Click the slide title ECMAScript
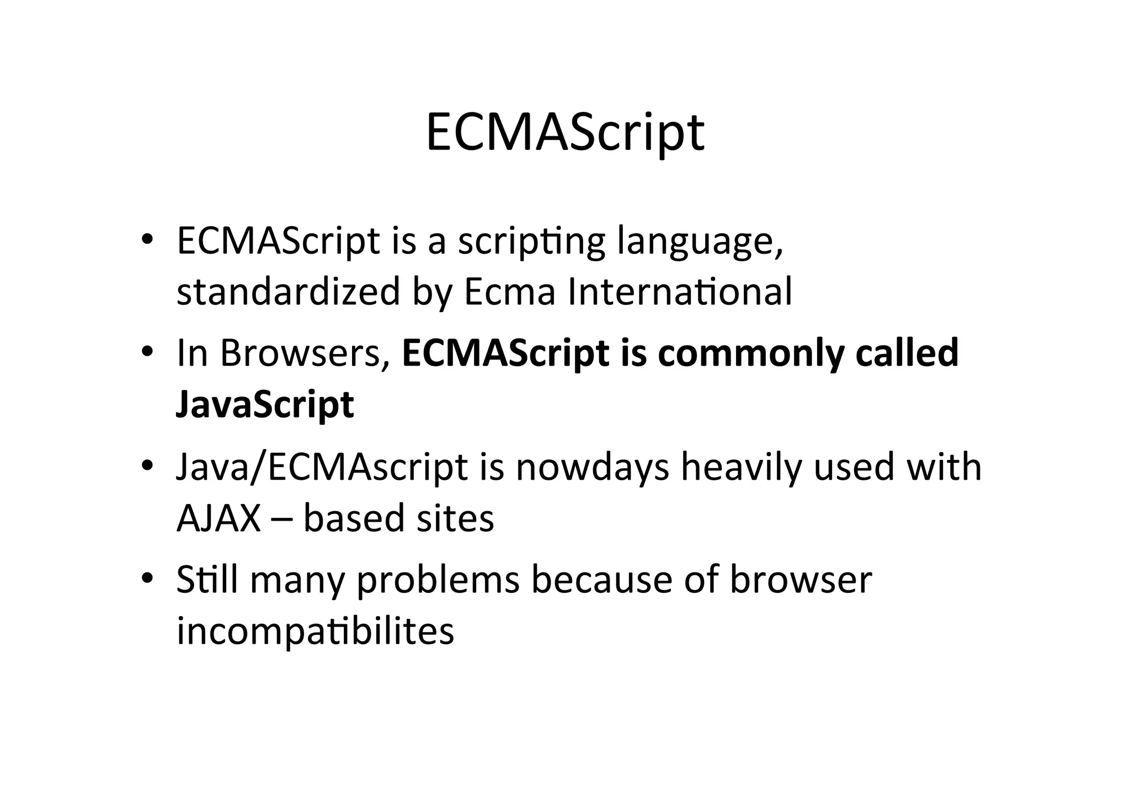564,132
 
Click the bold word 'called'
907,352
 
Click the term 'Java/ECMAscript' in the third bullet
322,467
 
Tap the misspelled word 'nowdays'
592,467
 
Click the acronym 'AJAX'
218,518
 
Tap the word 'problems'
439,581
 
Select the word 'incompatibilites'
315,631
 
